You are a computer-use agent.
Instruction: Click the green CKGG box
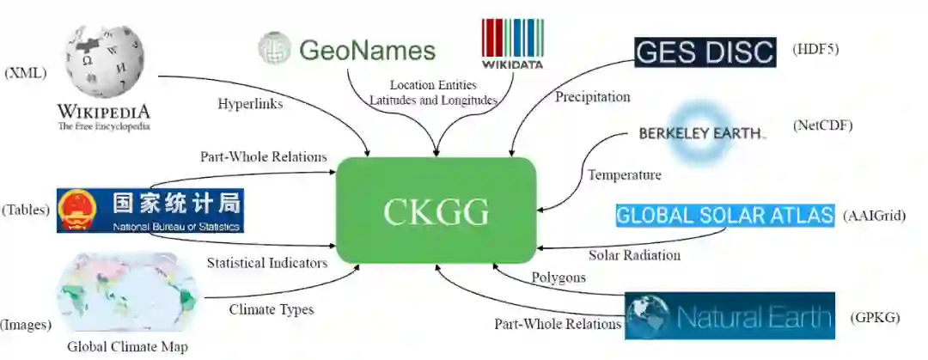tap(437, 210)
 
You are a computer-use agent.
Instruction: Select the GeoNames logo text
tap(367, 50)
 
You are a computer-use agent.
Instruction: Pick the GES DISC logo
tap(705, 52)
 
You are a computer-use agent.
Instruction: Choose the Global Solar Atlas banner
tap(724, 215)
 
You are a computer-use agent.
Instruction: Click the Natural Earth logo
tap(730, 316)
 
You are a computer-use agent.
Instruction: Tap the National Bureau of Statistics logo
tap(150, 211)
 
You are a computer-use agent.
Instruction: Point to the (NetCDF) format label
tap(822, 125)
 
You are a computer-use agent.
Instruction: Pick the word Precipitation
tap(592, 97)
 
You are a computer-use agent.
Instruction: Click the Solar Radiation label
tap(634, 255)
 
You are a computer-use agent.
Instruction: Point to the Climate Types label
tap(272, 309)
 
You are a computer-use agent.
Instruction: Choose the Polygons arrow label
tap(559, 278)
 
